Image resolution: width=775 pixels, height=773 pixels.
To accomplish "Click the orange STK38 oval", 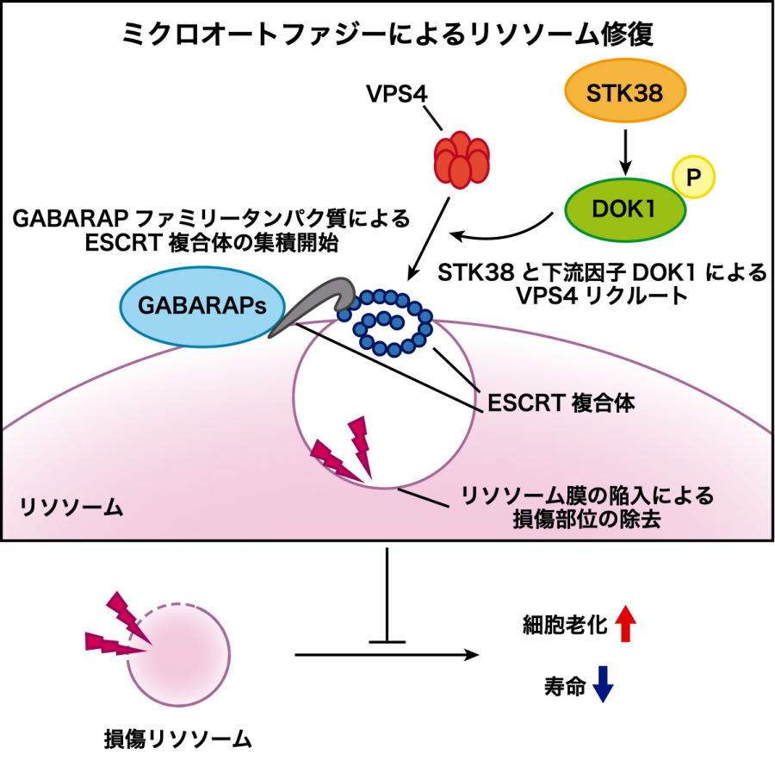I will tap(625, 93).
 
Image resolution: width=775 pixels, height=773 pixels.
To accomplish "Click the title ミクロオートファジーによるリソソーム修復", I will tap(387, 34).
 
